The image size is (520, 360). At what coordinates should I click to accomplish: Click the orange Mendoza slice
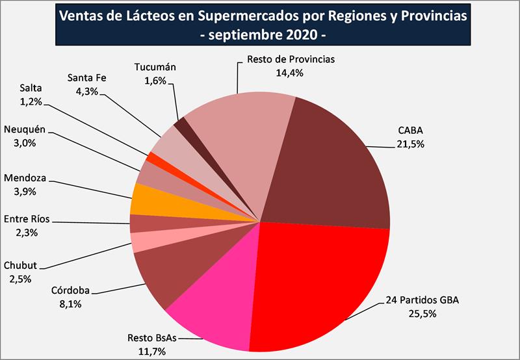143,198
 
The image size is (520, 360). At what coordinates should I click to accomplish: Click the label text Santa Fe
86,79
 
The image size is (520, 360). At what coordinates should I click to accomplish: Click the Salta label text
31,88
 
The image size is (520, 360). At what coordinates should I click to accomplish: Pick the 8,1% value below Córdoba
71,303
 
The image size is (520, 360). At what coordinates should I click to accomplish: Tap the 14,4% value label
290,73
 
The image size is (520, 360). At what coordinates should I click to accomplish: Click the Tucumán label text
155,67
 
